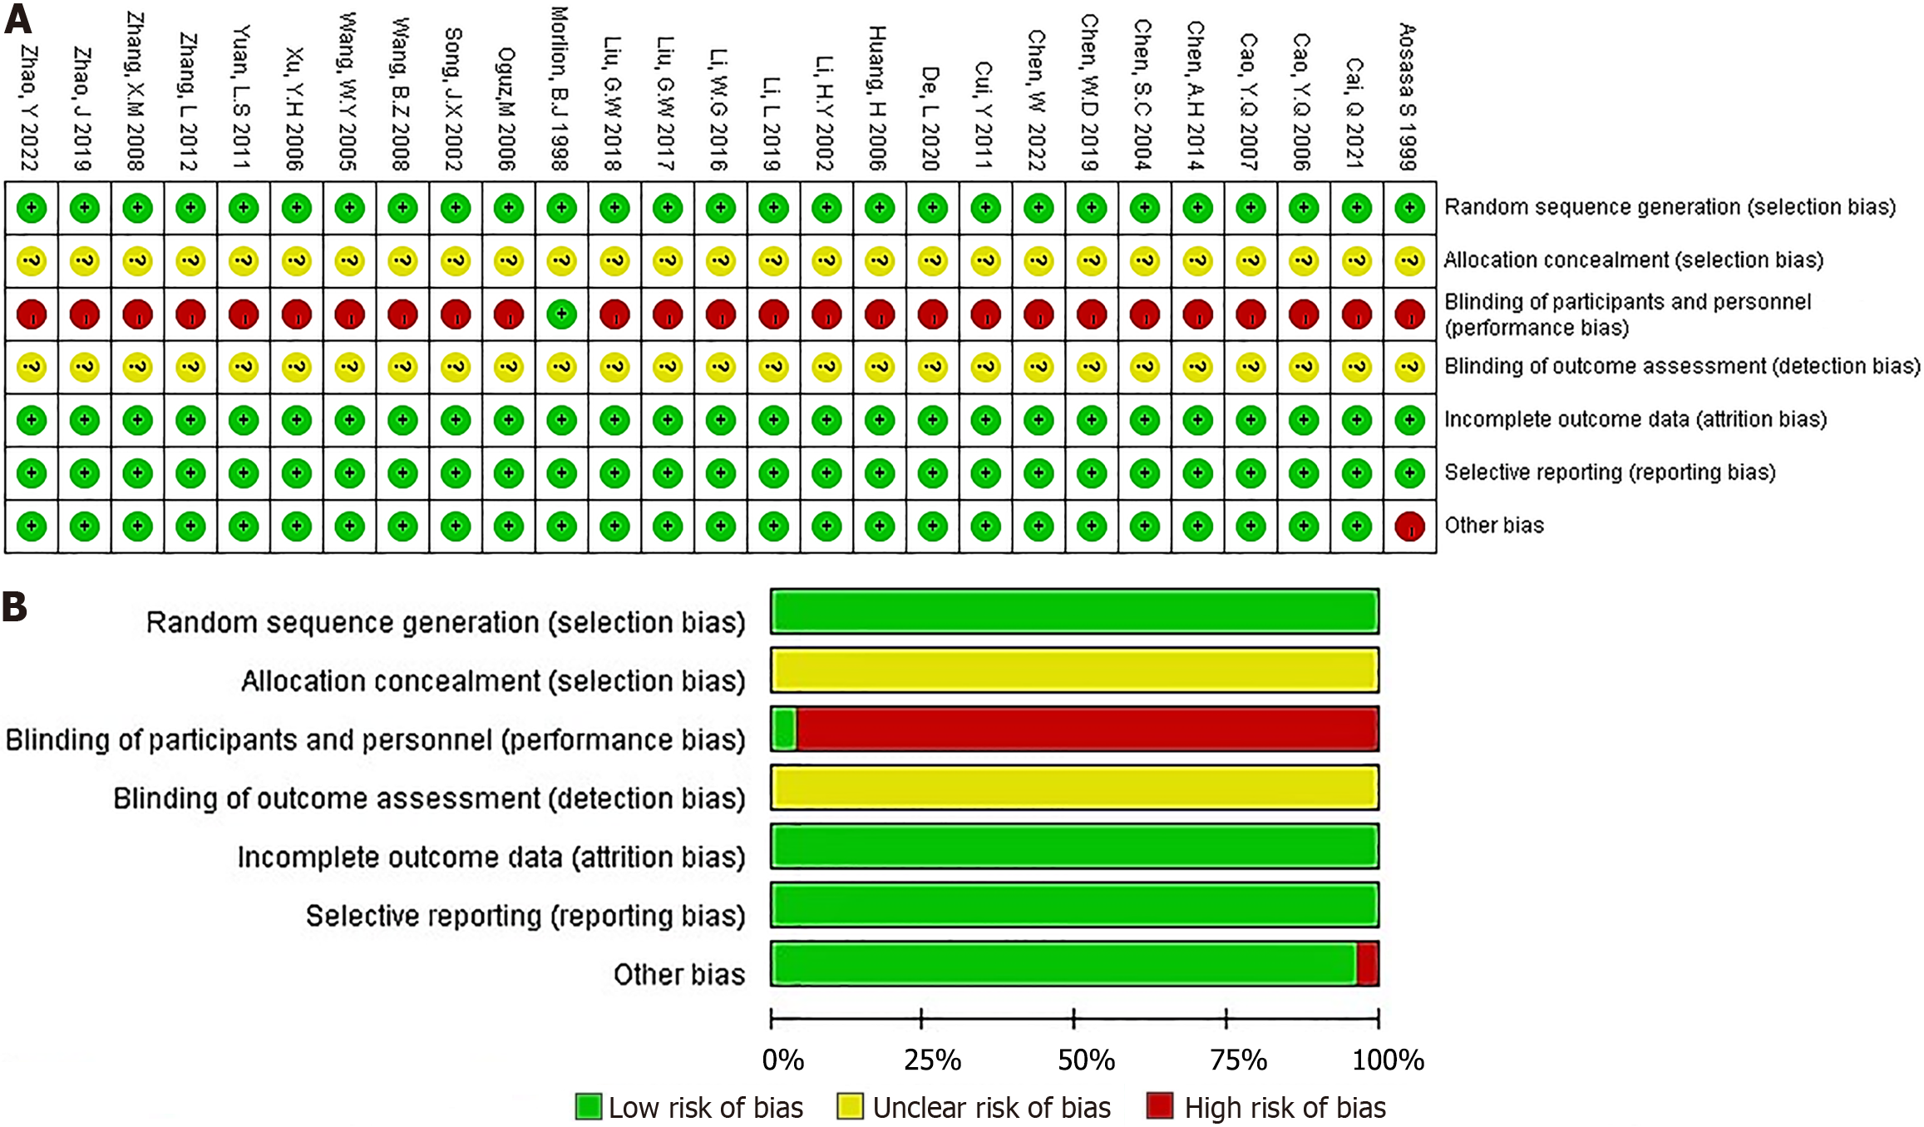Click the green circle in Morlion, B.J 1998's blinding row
(562, 314)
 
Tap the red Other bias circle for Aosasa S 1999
(1409, 526)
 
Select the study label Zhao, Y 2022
(30, 107)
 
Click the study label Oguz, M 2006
(507, 109)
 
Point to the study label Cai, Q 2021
(1355, 113)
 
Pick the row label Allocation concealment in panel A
(1633, 260)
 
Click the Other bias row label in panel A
(1493, 526)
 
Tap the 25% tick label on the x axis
(932, 1060)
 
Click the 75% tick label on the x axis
(1238, 1060)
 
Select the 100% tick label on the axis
(1388, 1060)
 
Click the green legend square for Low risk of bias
(589, 1107)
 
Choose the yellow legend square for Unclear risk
(850, 1107)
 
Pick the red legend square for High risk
(1159, 1107)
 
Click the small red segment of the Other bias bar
(1368, 964)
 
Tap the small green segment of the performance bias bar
(784, 729)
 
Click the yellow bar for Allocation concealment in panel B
(1074, 670)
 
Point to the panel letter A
(17, 18)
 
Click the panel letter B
(15, 607)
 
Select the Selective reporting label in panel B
(525, 916)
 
